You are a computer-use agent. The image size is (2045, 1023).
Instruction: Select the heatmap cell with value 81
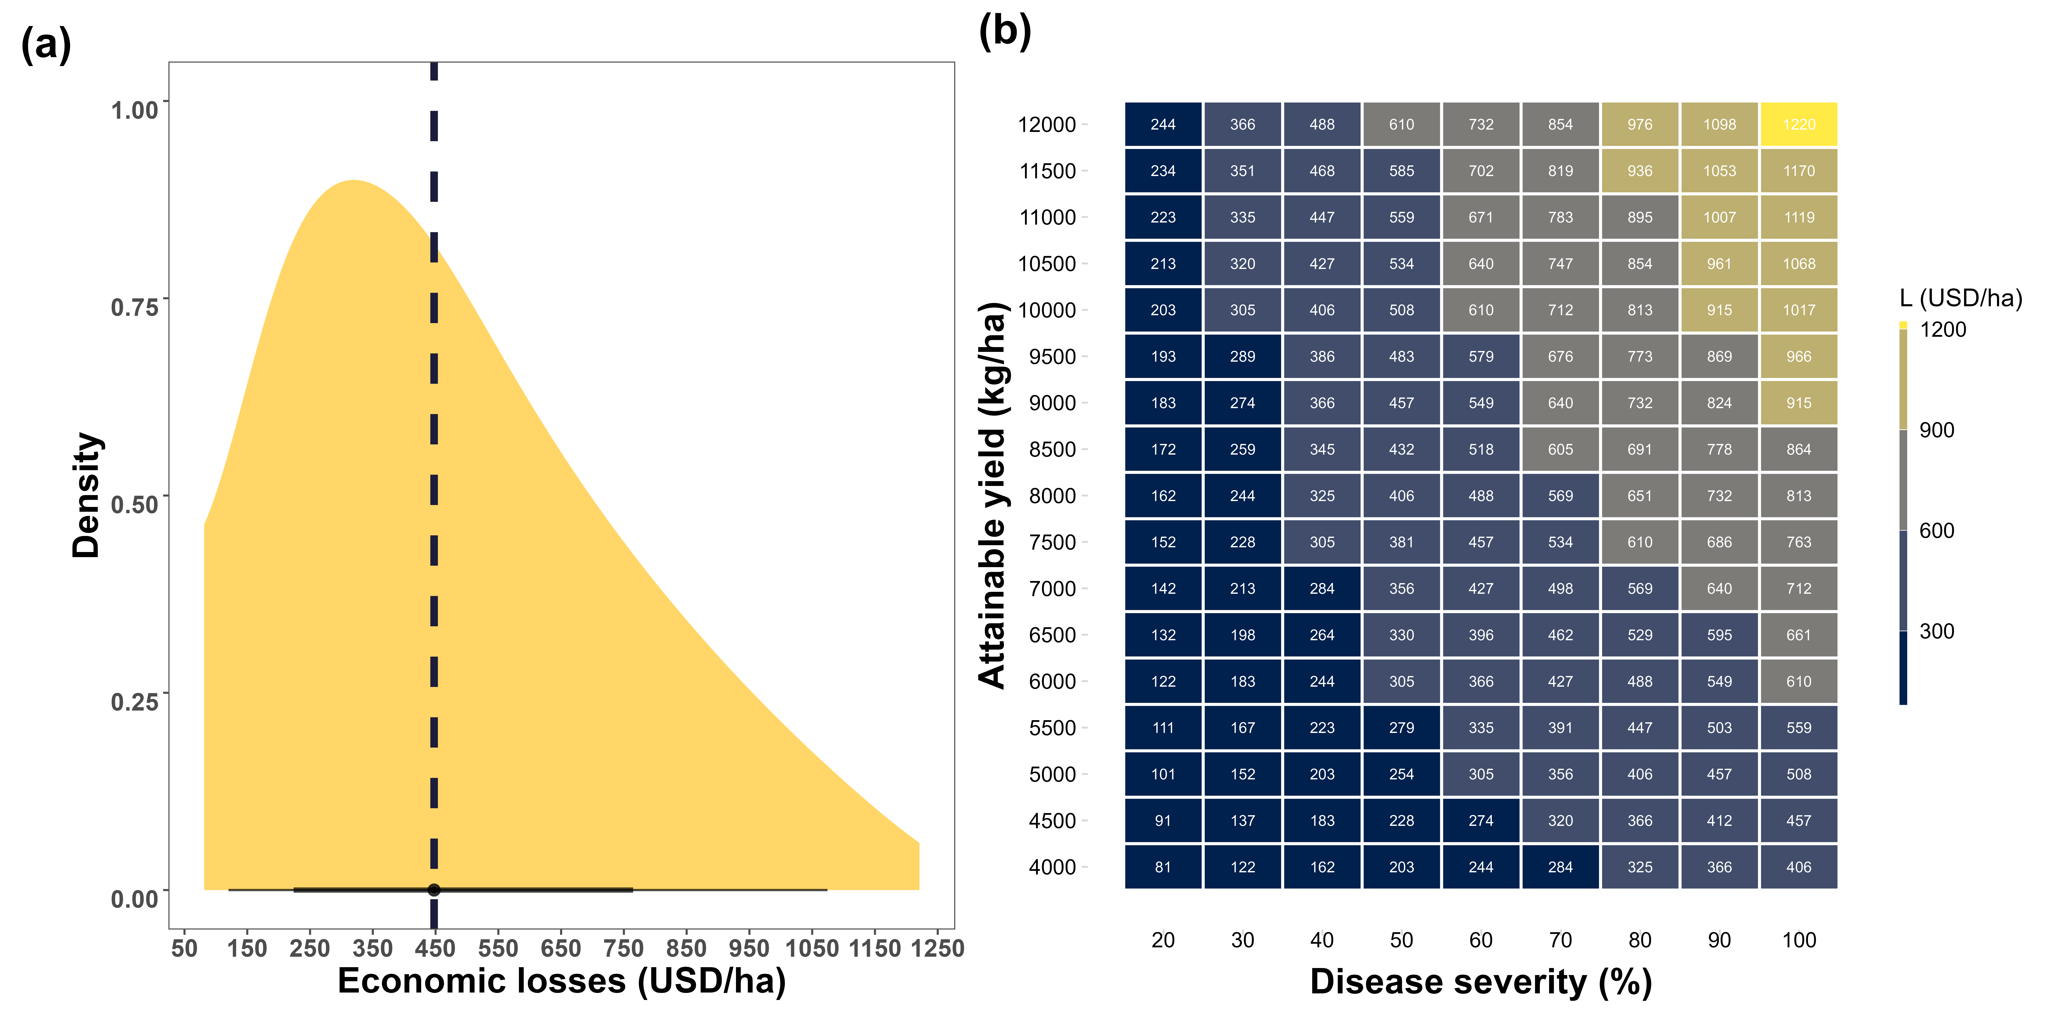[x=1163, y=867]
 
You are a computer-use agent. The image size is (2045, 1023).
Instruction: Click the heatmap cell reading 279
[x=1401, y=728]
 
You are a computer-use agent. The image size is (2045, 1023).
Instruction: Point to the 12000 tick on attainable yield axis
[x=1047, y=125]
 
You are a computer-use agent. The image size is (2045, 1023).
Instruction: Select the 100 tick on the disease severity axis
[x=1799, y=940]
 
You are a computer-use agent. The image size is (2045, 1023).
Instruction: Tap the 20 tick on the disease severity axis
[x=1163, y=940]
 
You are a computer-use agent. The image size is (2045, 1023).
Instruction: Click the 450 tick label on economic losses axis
[x=435, y=948]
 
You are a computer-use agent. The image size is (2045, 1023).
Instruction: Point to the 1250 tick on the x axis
[x=938, y=948]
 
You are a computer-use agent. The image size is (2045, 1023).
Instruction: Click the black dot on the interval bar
[x=433, y=890]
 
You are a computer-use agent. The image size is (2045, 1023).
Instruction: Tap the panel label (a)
[x=46, y=45]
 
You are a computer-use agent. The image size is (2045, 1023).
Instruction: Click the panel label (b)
[x=1005, y=32]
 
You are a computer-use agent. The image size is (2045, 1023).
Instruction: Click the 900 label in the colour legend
[x=1937, y=431]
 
